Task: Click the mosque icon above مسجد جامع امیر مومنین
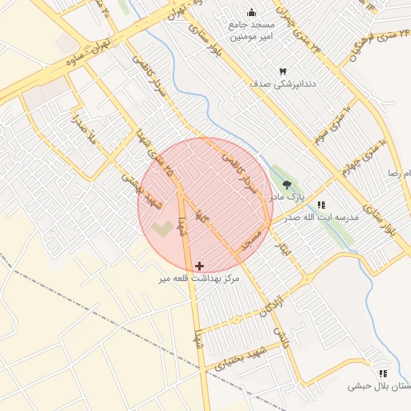(252, 12)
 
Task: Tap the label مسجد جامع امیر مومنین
(251, 31)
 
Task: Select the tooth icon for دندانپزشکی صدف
(282, 71)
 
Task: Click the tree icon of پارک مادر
(287, 185)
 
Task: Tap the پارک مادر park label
(287, 197)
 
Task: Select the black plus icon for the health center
(199, 265)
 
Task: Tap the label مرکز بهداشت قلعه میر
(199, 278)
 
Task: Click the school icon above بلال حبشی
(382, 373)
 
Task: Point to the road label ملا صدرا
(82, 130)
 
